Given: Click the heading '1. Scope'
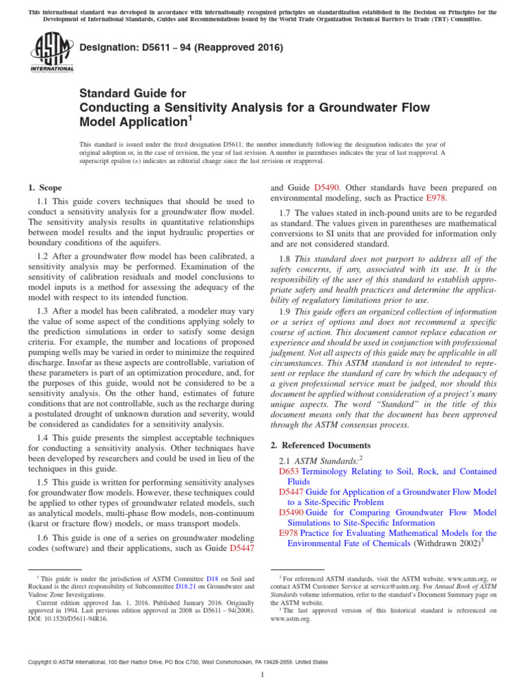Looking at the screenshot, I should click(x=44, y=188).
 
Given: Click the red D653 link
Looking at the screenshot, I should click(x=289, y=471).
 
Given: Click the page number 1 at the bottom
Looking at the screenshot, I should click(x=262, y=675).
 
